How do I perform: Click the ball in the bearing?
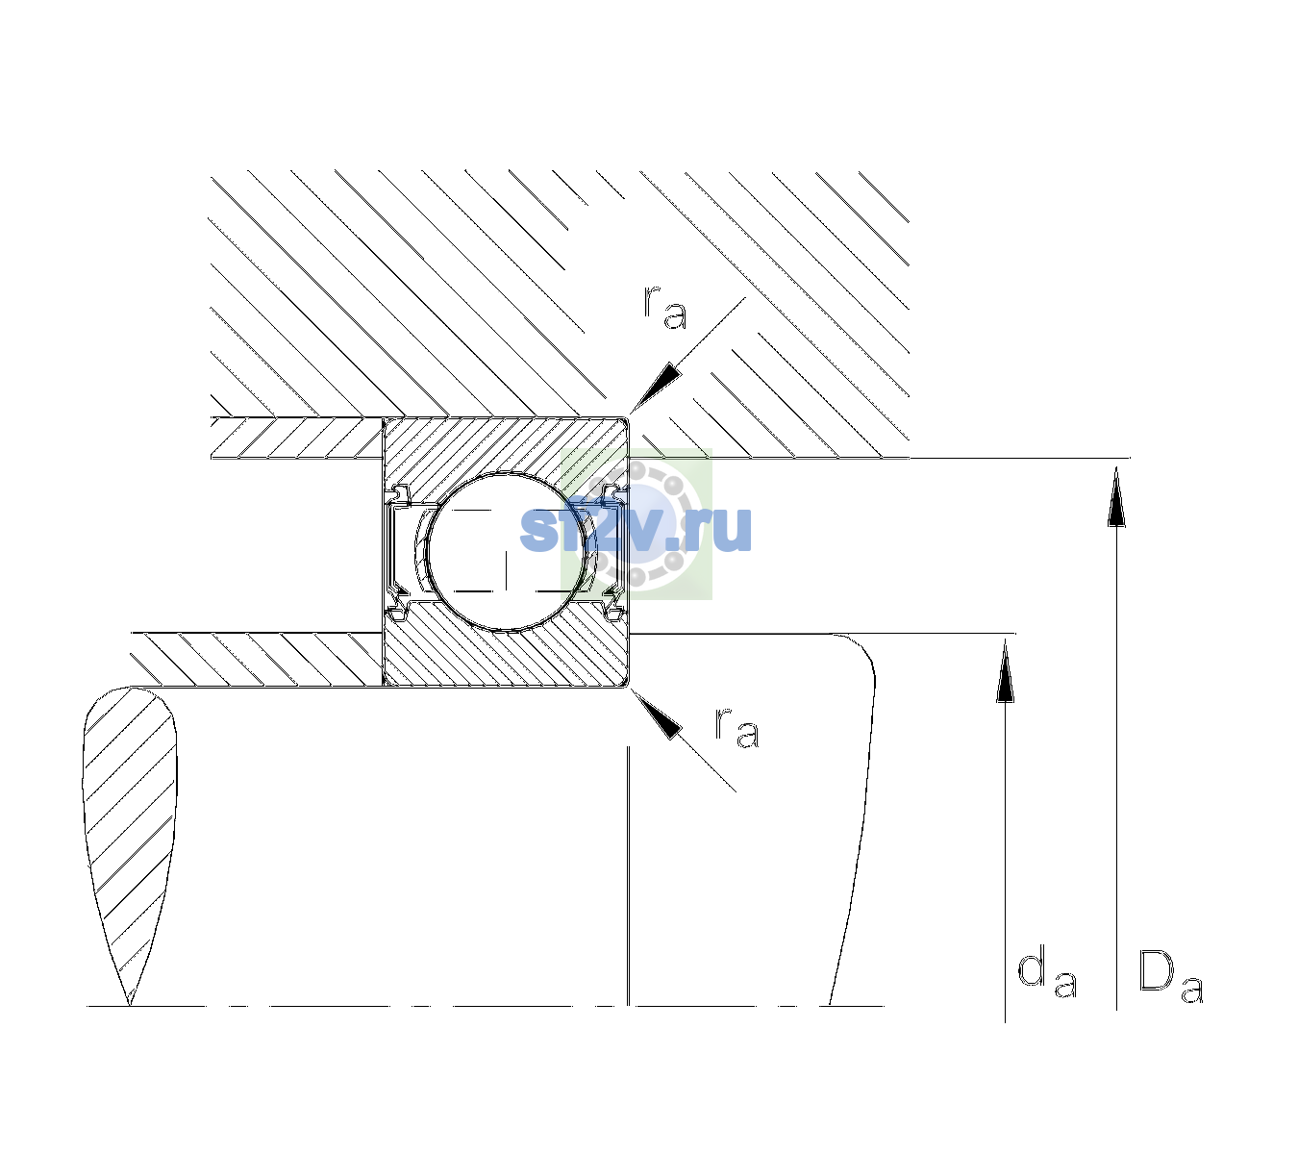pos(506,552)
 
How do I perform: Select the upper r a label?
pos(665,308)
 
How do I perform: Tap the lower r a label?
pos(737,727)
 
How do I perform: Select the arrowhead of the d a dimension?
pos(1005,671)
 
